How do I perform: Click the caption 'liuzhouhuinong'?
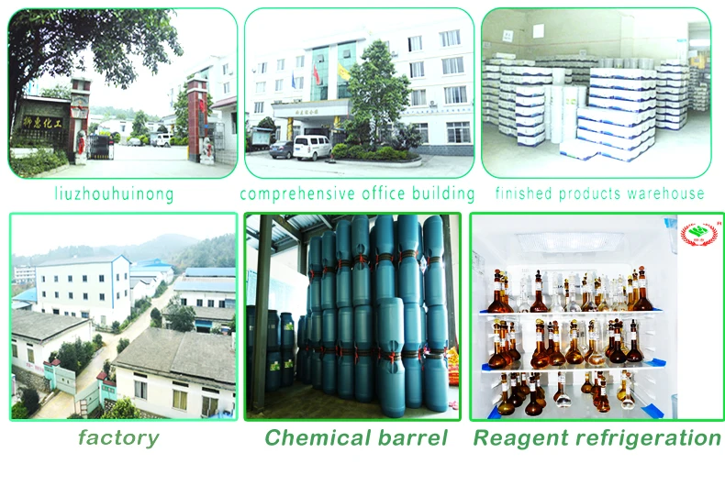pyautogui.click(x=113, y=193)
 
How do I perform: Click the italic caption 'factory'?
pyautogui.click(x=118, y=438)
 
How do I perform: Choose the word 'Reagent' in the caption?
pyautogui.click(x=519, y=438)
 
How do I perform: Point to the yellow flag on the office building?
pyautogui.click(x=343, y=71)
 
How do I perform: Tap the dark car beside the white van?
pyautogui.click(x=282, y=149)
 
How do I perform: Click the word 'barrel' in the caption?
pyautogui.click(x=411, y=438)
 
